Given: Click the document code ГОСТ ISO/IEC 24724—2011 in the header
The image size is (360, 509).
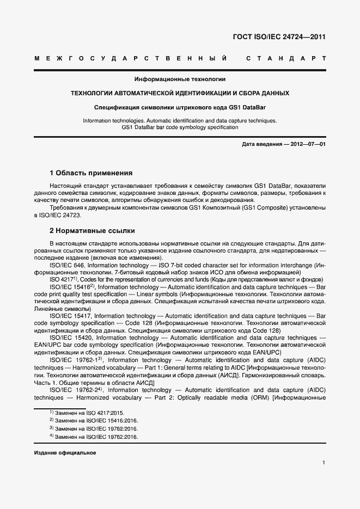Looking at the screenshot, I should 280,38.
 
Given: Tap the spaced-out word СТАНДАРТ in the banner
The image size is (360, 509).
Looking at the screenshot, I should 286,58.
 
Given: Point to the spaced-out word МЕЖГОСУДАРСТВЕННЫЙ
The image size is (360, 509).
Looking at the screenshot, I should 131,58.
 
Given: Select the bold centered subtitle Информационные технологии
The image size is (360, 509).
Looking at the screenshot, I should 180,79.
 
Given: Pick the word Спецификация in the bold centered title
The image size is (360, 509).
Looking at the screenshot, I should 115,107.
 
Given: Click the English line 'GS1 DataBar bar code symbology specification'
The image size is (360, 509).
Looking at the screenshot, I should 180,127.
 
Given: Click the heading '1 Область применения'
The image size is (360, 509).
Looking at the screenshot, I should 91,173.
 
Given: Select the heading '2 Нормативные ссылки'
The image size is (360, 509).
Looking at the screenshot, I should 92,231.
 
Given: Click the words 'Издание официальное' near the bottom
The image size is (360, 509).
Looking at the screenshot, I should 65,452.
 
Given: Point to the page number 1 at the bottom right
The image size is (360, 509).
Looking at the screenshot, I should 324,463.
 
